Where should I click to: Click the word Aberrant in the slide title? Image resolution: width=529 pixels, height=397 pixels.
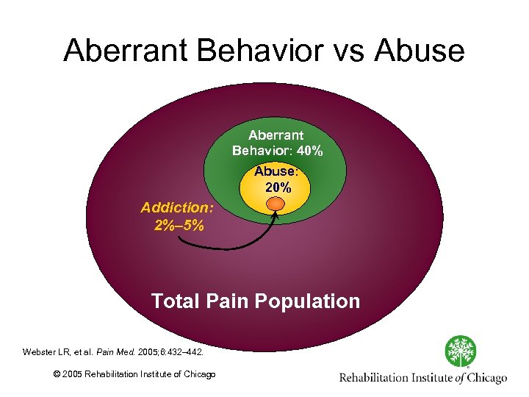tap(129, 51)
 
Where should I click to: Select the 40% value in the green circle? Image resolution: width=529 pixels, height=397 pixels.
tap(309, 151)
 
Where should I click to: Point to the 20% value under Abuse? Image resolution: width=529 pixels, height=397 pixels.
tap(277, 187)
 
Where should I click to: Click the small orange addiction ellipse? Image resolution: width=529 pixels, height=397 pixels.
tap(276, 204)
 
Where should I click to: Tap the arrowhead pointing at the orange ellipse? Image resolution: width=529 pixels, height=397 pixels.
tap(276, 216)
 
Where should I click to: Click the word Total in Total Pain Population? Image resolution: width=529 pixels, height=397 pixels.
tap(176, 301)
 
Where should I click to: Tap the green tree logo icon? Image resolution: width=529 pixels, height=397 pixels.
tap(459, 351)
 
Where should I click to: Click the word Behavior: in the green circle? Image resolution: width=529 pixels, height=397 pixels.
tap(262, 151)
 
